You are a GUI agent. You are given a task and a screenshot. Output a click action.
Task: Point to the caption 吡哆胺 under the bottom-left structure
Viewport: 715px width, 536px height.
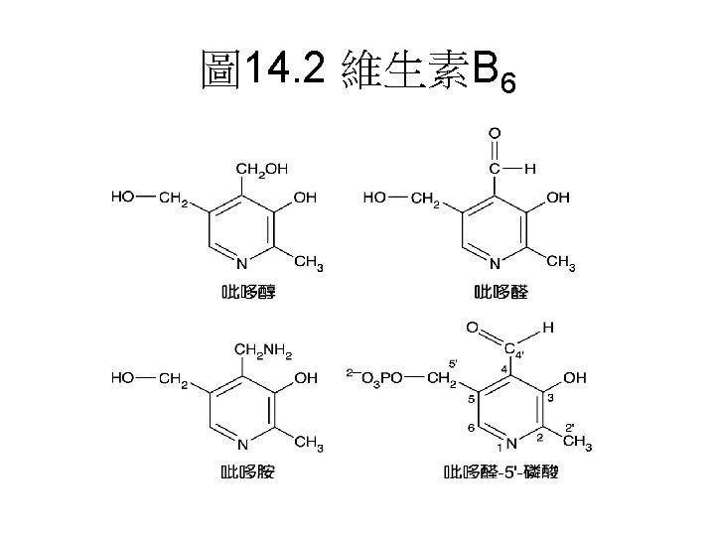(248, 471)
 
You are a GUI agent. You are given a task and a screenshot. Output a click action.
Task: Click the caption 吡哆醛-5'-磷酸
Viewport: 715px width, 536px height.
(502, 472)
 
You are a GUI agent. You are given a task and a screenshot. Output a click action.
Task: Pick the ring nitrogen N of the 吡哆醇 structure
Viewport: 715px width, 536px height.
(241, 263)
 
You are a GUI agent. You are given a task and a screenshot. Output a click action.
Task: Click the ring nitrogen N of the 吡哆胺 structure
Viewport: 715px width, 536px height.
(241, 443)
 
